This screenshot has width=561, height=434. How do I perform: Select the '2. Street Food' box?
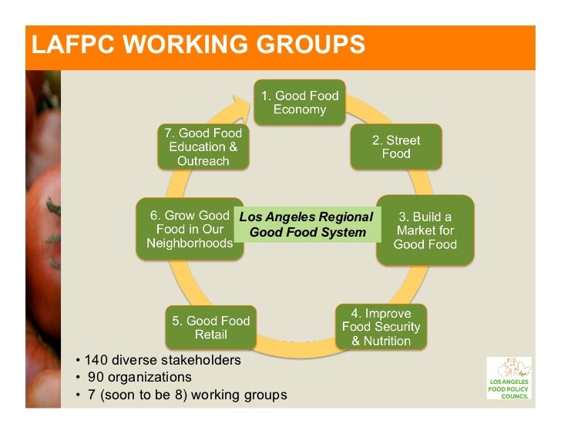(396, 146)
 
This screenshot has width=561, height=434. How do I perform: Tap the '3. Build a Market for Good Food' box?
(425, 230)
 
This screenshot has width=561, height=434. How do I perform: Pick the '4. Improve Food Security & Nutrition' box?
(381, 327)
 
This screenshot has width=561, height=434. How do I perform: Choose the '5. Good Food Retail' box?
(210, 328)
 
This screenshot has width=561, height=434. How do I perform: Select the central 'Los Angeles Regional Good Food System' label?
(306, 224)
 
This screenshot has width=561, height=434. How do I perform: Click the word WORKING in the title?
(189, 45)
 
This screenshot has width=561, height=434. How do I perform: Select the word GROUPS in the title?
(313, 45)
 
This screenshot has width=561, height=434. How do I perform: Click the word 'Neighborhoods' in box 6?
(190, 244)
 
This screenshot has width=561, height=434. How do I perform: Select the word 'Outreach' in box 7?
(203, 161)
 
